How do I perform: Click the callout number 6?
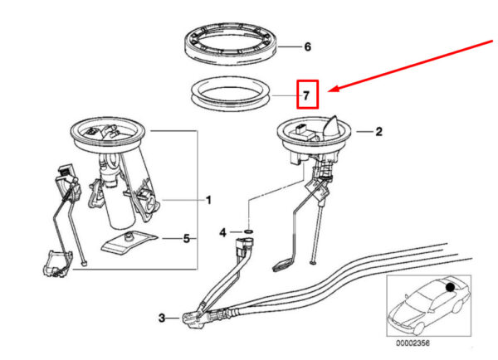coord(307,47)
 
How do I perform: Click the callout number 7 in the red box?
coord(306,95)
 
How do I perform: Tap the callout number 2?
coord(378,131)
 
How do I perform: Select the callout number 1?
coord(208,200)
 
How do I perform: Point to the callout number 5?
coord(186,239)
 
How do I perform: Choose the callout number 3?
coord(163,317)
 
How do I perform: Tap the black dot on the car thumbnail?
coord(451,287)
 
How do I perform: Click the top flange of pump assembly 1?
coord(110,131)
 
